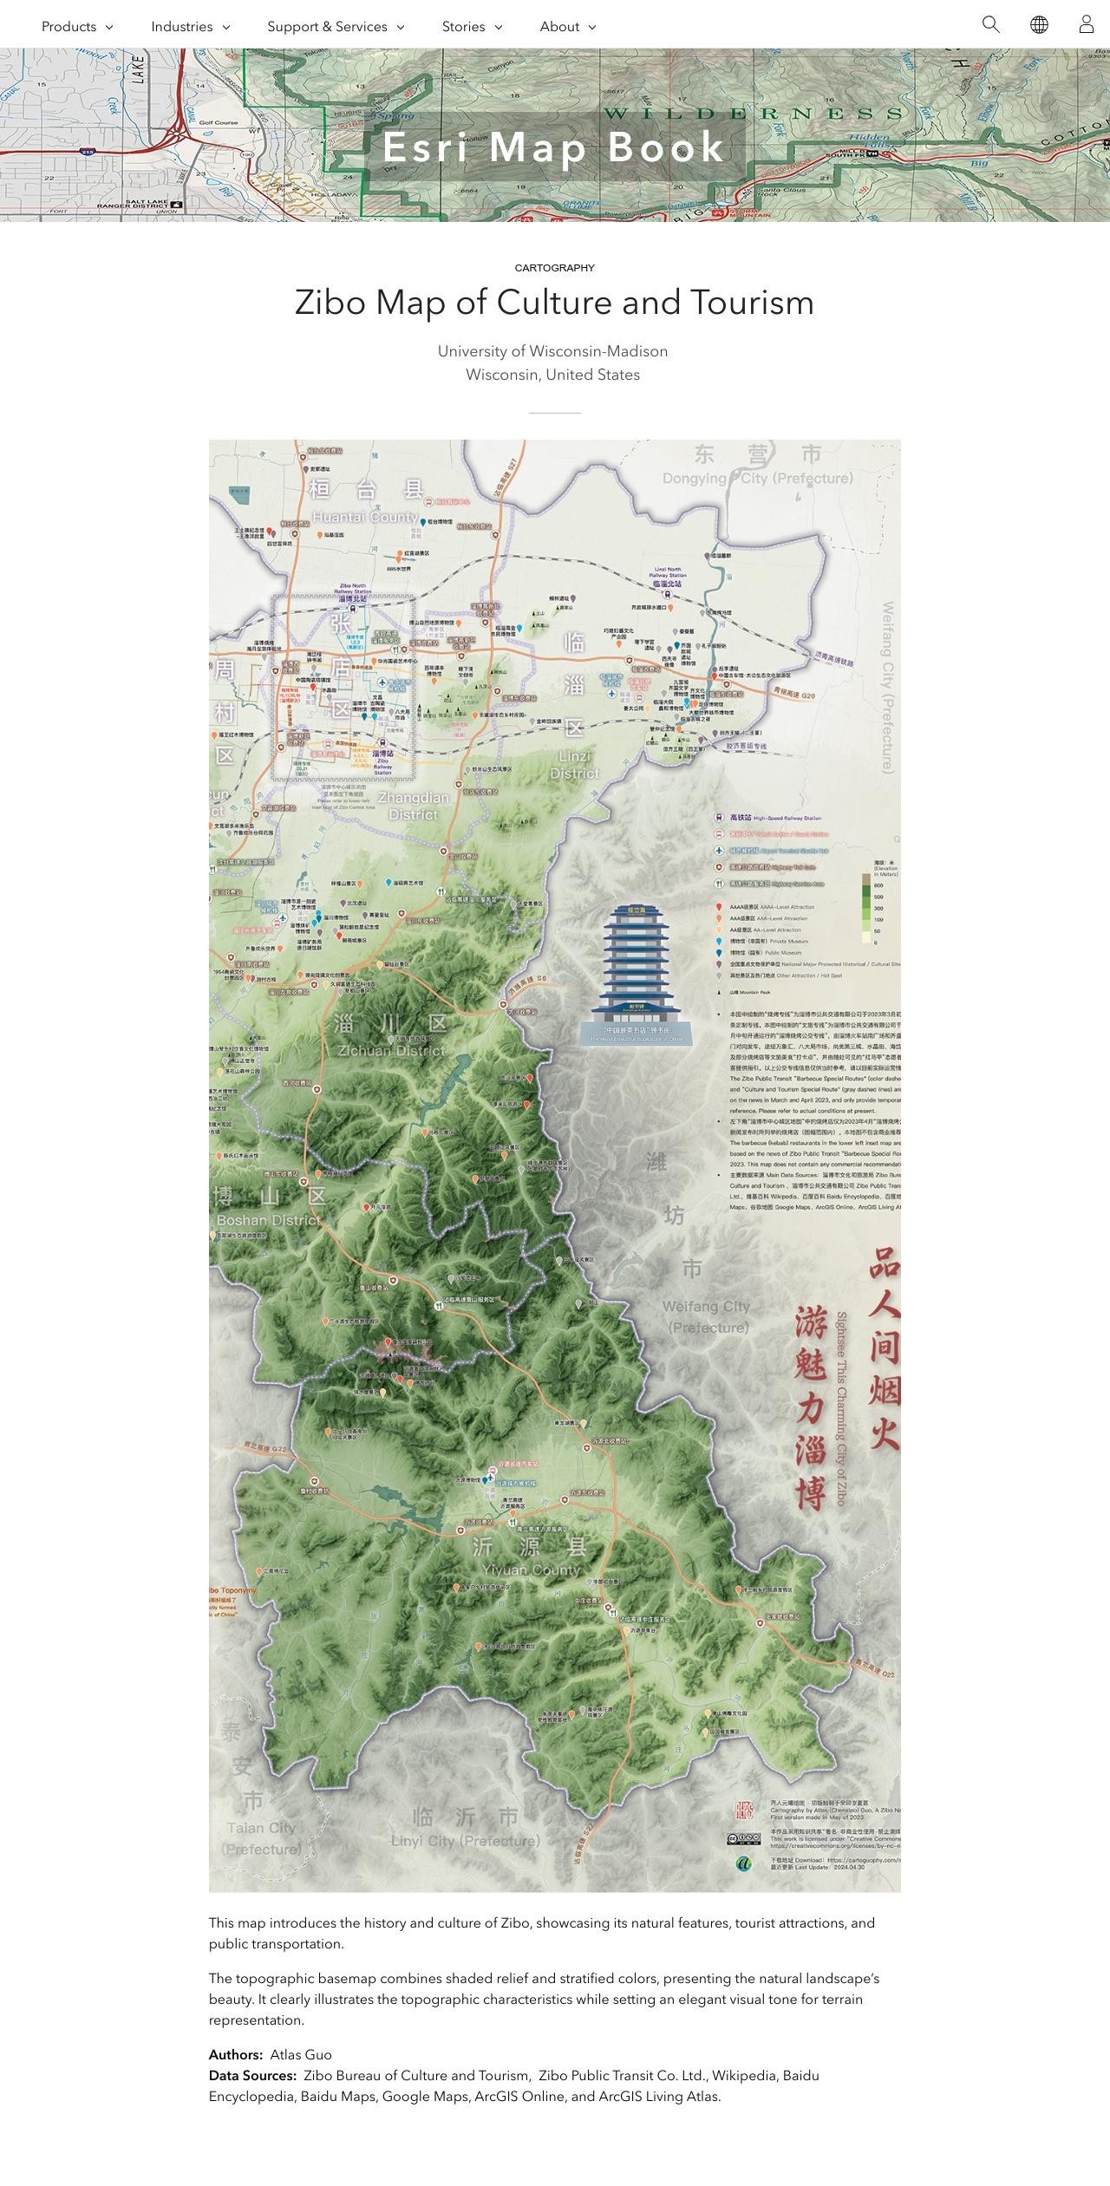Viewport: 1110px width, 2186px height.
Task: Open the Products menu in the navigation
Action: pos(76,27)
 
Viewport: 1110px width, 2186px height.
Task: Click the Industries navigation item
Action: pos(190,27)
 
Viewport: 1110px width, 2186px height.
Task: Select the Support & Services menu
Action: pos(335,27)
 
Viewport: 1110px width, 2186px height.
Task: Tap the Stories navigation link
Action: pos(471,27)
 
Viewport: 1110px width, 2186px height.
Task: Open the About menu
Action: pos(567,27)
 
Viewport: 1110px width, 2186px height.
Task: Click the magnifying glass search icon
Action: pos(990,24)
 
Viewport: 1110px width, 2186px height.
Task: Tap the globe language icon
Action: pos(1039,24)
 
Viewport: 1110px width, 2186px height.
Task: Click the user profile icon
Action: pos(1086,24)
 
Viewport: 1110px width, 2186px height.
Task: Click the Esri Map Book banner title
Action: pos(554,147)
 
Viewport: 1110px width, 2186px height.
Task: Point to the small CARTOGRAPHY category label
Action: pos(555,268)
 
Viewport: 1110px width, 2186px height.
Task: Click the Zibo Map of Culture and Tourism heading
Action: pos(555,303)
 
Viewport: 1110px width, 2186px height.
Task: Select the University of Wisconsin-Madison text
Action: pos(552,351)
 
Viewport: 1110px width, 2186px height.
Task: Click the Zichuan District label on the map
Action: pos(391,1051)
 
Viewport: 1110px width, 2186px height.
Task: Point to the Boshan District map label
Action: pos(268,1220)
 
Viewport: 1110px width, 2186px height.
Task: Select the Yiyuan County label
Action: pos(531,1570)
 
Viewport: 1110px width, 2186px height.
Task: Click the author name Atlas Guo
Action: pos(300,2055)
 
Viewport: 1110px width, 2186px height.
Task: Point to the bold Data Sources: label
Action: pos(252,2076)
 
